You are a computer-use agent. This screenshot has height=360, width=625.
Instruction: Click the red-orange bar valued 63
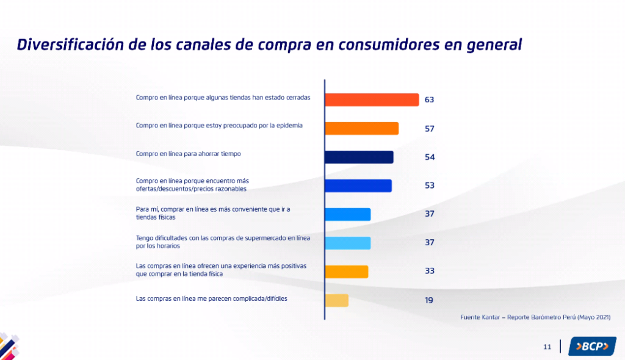click(372, 99)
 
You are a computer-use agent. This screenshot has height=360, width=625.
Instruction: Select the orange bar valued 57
click(361, 128)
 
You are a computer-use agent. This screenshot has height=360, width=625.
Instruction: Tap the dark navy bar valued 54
click(359, 157)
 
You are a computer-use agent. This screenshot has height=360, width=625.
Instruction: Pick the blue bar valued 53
click(358, 185)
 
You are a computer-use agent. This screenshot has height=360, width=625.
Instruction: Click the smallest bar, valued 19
click(336, 300)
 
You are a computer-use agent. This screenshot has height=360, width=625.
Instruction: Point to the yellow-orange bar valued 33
click(346, 272)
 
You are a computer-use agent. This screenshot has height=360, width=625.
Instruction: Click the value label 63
click(429, 99)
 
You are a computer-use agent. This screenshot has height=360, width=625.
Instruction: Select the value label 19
click(429, 300)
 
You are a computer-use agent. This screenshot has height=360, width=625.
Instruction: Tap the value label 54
click(429, 157)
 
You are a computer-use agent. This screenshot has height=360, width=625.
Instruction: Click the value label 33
click(429, 271)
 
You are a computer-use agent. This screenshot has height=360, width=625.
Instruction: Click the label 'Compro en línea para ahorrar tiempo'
click(188, 154)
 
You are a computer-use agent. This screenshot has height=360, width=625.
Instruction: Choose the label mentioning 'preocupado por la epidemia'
click(219, 126)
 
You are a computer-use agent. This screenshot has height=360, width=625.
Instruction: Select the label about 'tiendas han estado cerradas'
click(223, 97)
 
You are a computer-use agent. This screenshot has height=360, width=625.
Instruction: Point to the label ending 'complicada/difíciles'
click(211, 298)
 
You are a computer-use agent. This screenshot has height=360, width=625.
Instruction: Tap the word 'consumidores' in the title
click(386, 45)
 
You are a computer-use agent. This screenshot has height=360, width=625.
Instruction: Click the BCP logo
click(591, 346)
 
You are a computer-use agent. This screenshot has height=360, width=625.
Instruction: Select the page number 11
click(547, 347)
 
